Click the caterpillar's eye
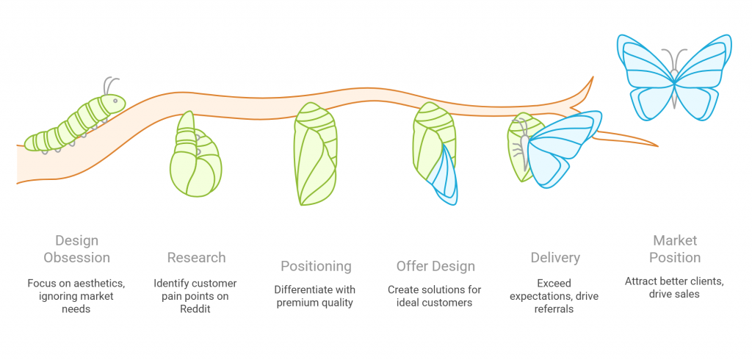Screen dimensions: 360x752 115,100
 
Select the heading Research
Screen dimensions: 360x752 196,258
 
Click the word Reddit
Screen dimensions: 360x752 196,310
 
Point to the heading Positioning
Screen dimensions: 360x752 316,266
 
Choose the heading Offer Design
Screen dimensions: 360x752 435,266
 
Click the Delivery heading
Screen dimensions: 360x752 555,258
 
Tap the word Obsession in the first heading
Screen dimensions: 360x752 76,258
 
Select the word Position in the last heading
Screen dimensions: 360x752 675,258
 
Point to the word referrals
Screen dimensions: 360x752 554,310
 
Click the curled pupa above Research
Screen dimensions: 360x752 195,158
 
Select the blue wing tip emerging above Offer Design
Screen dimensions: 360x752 445,176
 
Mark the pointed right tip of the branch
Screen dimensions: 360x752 657,145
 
